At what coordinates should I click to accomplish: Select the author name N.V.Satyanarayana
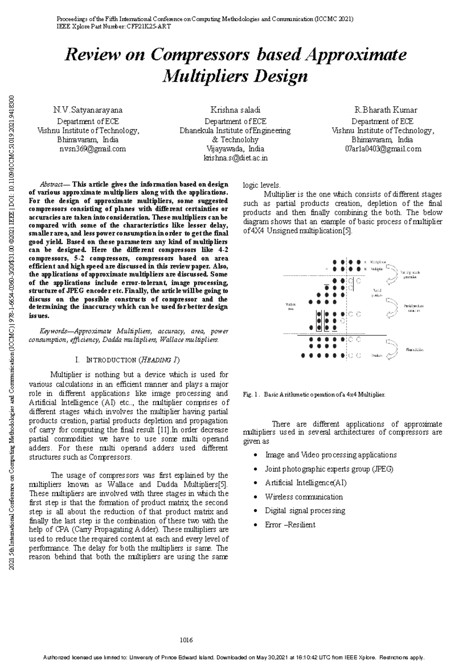88,110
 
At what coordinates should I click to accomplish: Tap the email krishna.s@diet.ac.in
235,158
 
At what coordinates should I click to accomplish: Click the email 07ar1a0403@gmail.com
383,149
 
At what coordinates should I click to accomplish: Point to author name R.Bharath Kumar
385,110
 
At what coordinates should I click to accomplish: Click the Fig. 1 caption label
251,394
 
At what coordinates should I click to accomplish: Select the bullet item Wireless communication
303,497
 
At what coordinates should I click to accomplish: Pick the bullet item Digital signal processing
305,511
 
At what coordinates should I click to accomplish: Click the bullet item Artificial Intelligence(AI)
305,483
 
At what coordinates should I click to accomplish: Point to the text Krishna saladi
235,110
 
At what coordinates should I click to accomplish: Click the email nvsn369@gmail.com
93,149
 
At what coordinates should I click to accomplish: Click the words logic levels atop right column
261,185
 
